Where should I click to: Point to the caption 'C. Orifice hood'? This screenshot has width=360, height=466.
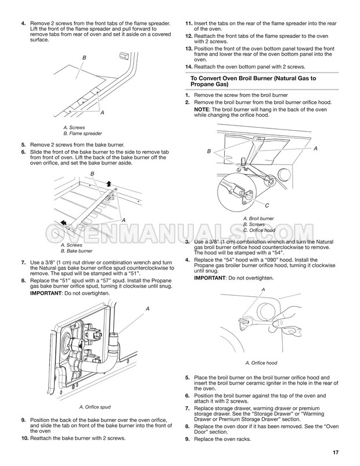tap(260, 230)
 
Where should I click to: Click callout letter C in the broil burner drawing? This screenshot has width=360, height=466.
tap(267, 206)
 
